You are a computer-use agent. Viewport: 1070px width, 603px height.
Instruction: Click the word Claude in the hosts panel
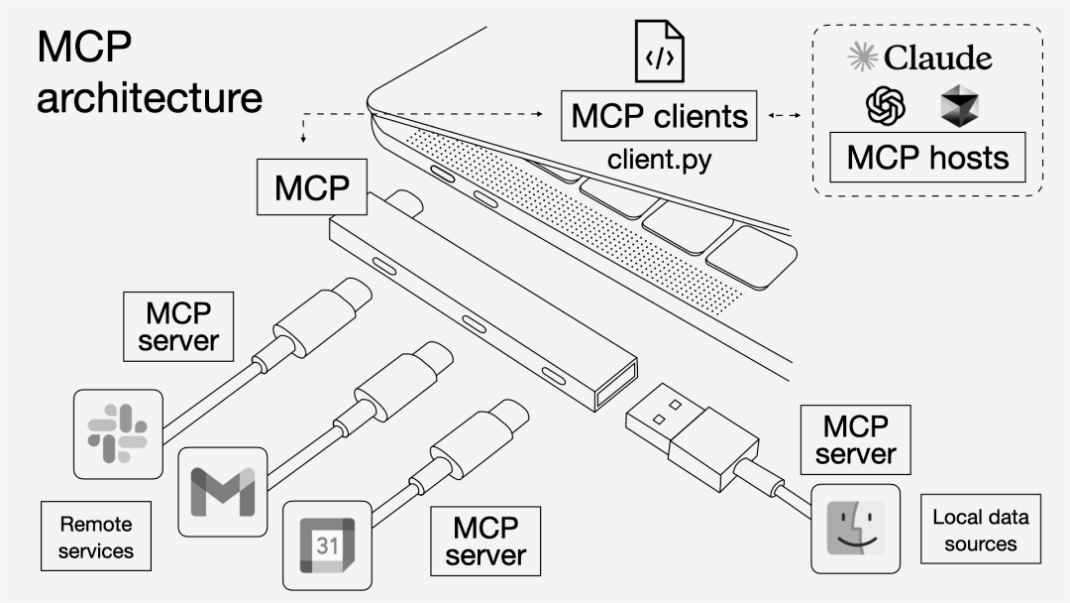point(937,58)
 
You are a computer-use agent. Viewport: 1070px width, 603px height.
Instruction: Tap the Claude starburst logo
point(863,58)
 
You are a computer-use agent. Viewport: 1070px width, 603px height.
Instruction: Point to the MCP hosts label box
point(927,158)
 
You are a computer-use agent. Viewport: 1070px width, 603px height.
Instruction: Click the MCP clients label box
point(659,116)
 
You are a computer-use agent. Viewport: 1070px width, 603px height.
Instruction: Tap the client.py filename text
point(659,159)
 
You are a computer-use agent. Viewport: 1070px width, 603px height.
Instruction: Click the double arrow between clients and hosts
point(784,117)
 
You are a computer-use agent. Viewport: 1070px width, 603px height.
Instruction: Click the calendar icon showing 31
point(327,544)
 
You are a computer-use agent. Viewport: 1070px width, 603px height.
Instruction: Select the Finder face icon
point(855,529)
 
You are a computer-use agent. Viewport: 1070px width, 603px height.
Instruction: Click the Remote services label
point(96,536)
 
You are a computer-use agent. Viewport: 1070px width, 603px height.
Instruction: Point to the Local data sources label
point(981,530)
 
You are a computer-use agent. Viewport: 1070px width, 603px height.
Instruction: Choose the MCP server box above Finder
point(856,439)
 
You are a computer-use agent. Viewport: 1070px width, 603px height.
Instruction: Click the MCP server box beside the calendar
point(483,541)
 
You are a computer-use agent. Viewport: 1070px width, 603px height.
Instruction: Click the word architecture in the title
point(150,98)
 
